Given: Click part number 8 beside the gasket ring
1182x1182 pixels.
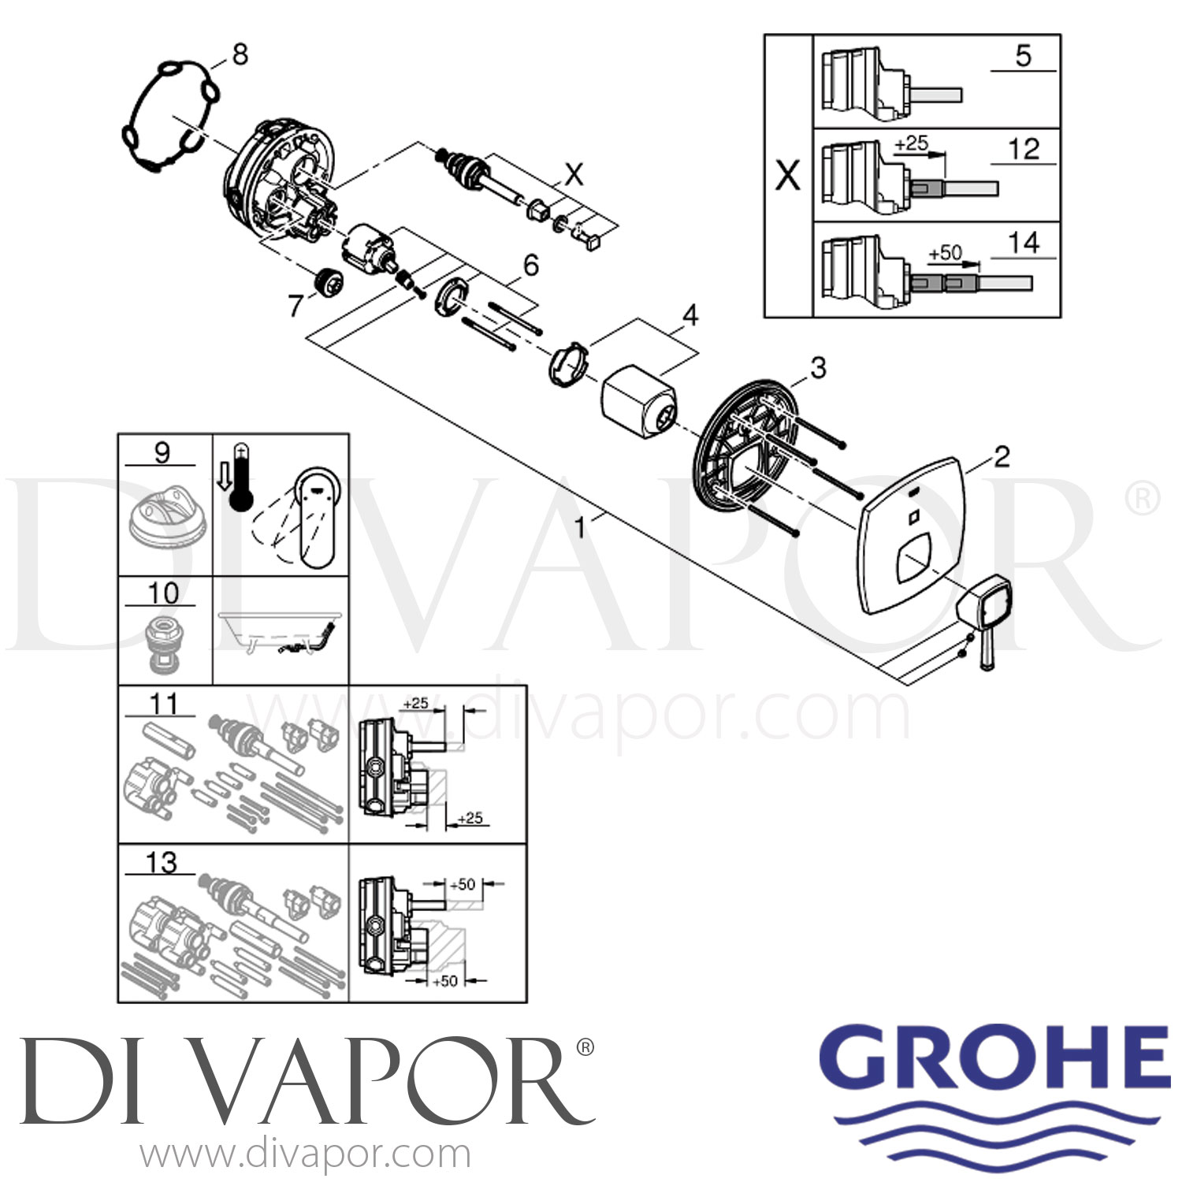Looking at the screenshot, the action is pos(240,54).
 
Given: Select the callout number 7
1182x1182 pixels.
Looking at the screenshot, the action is pos(295,305).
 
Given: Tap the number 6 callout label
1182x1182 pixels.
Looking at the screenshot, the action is pos(531,266).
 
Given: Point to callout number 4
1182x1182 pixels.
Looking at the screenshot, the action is pos(690,315).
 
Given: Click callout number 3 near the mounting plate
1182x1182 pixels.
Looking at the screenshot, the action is pos(818,367).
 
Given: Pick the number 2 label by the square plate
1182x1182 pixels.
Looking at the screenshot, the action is pos(1002,456).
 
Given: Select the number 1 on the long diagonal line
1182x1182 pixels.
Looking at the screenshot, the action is pos(581,527).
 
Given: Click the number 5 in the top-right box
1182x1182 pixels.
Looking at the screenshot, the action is pos(1023,55).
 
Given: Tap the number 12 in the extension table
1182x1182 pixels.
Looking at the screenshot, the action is pos(1024,149).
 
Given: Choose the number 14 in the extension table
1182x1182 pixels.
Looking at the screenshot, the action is pos(1024,243).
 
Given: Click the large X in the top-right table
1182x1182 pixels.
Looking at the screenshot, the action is pos(788,175).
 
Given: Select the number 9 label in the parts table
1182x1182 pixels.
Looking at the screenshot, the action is pos(162,453).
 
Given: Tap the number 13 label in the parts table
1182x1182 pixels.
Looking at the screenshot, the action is pos(161,862).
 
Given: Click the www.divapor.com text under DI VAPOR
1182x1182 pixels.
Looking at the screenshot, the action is pos(305,1155).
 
